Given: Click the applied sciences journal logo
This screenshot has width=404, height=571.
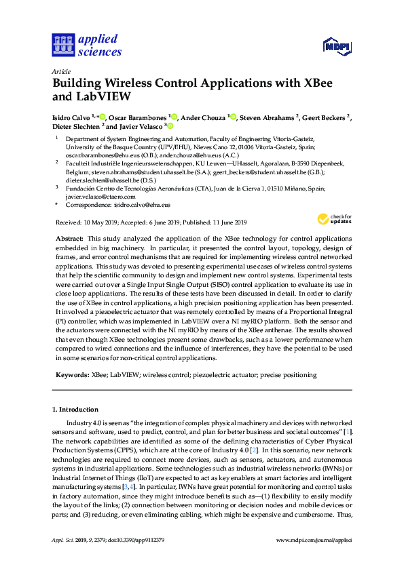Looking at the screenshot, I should (x=87, y=45).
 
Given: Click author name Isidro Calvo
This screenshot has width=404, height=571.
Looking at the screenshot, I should (x=73, y=117).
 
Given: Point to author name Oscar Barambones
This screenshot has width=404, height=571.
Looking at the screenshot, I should (x=140, y=117).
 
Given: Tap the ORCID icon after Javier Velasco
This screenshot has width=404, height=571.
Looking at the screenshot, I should (x=170, y=125).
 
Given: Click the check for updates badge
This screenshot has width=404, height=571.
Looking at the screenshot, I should (x=331, y=219).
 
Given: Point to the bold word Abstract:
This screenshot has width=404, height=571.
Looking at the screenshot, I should (x=68, y=239).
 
